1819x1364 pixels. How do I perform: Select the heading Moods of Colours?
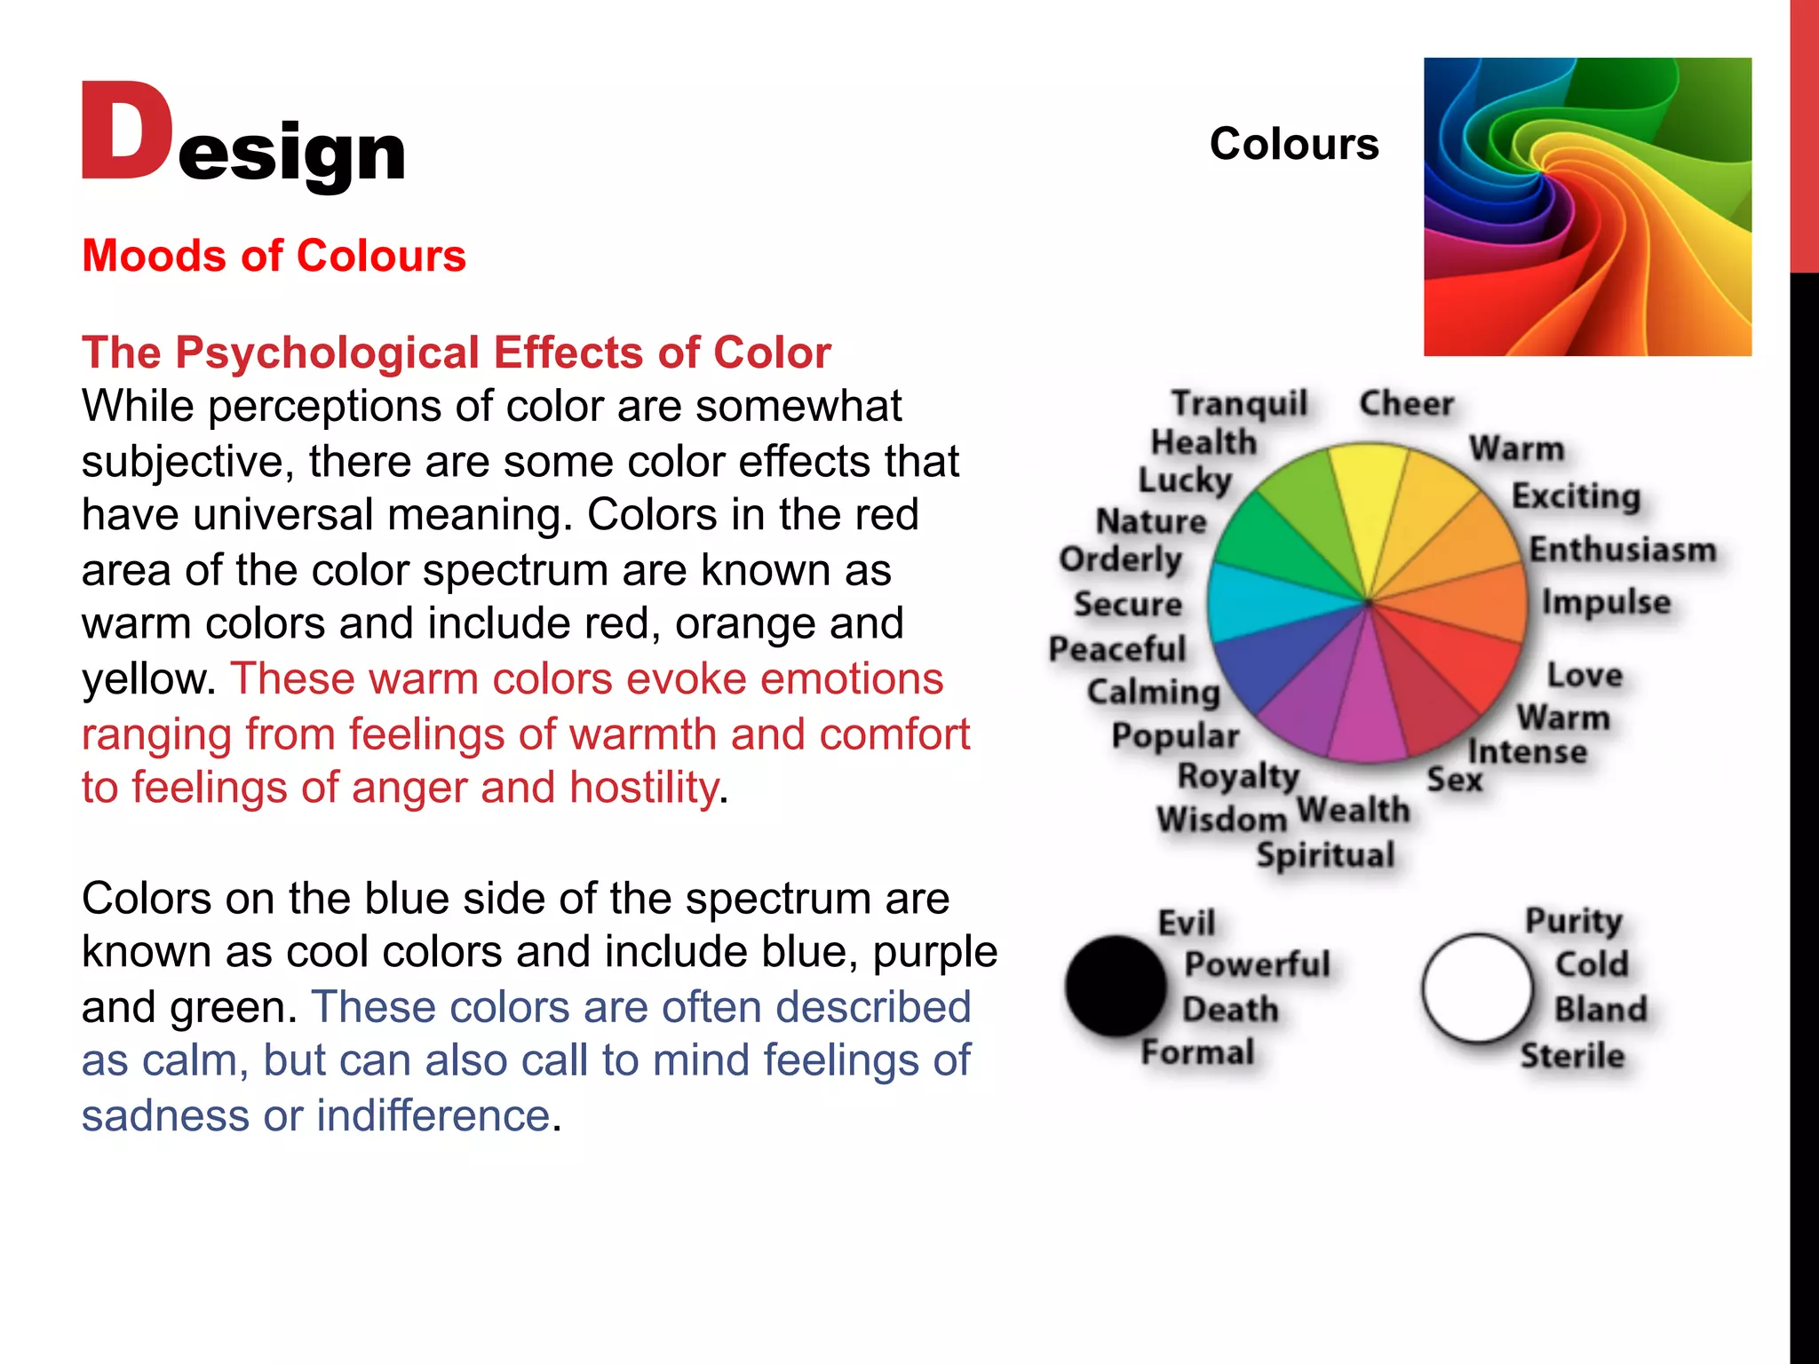tap(274, 256)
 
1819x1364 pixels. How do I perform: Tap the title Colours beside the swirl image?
tap(1293, 144)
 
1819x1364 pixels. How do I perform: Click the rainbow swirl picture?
tap(1587, 207)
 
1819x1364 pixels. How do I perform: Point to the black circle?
tap(1116, 986)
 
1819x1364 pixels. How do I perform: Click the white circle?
tap(1477, 987)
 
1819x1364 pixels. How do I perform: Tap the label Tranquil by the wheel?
tap(1239, 404)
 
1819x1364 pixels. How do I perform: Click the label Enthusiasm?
tap(1622, 550)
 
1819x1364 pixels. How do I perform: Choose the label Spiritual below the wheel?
tap(1325, 855)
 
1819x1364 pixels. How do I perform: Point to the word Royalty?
tap(1238, 777)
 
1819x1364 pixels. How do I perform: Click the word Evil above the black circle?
tap(1187, 923)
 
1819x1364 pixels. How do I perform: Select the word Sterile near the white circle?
tap(1572, 1056)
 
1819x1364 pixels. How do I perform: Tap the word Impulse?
tap(1606, 602)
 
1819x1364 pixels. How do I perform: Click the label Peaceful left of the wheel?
tap(1117, 649)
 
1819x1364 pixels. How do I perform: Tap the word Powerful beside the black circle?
tap(1257, 964)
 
